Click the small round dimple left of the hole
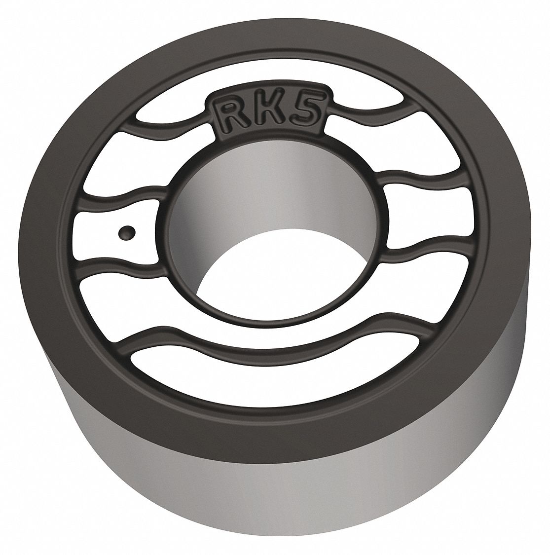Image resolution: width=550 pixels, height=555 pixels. pyautogui.click(x=126, y=231)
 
